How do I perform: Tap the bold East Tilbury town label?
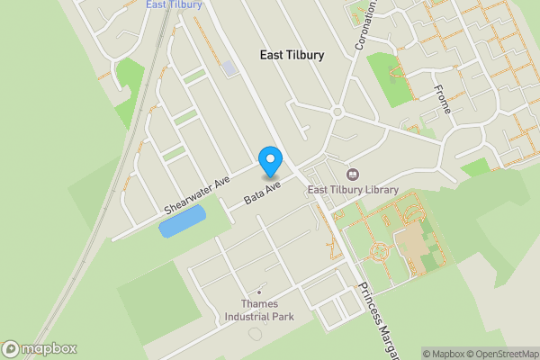(292, 55)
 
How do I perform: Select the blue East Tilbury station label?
(174, 4)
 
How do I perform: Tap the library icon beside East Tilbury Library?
(352, 174)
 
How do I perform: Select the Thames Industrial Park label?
(258, 310)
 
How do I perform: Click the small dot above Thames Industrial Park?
(259, 292)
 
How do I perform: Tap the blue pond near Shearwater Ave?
(182, 220)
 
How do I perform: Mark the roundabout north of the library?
(338, 112)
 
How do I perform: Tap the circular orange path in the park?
(380, 249)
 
